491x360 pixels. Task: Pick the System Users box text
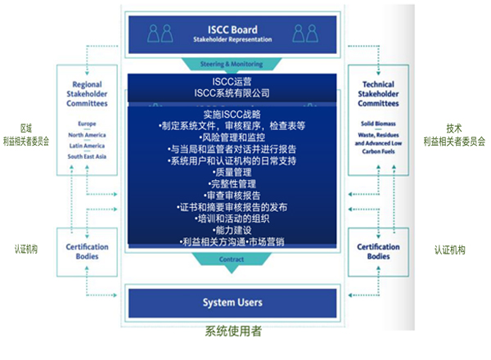232,303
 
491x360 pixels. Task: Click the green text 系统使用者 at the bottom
233,333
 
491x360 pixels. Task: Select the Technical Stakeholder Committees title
379,94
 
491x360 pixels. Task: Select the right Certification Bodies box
379,251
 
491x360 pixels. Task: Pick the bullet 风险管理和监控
232,137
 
